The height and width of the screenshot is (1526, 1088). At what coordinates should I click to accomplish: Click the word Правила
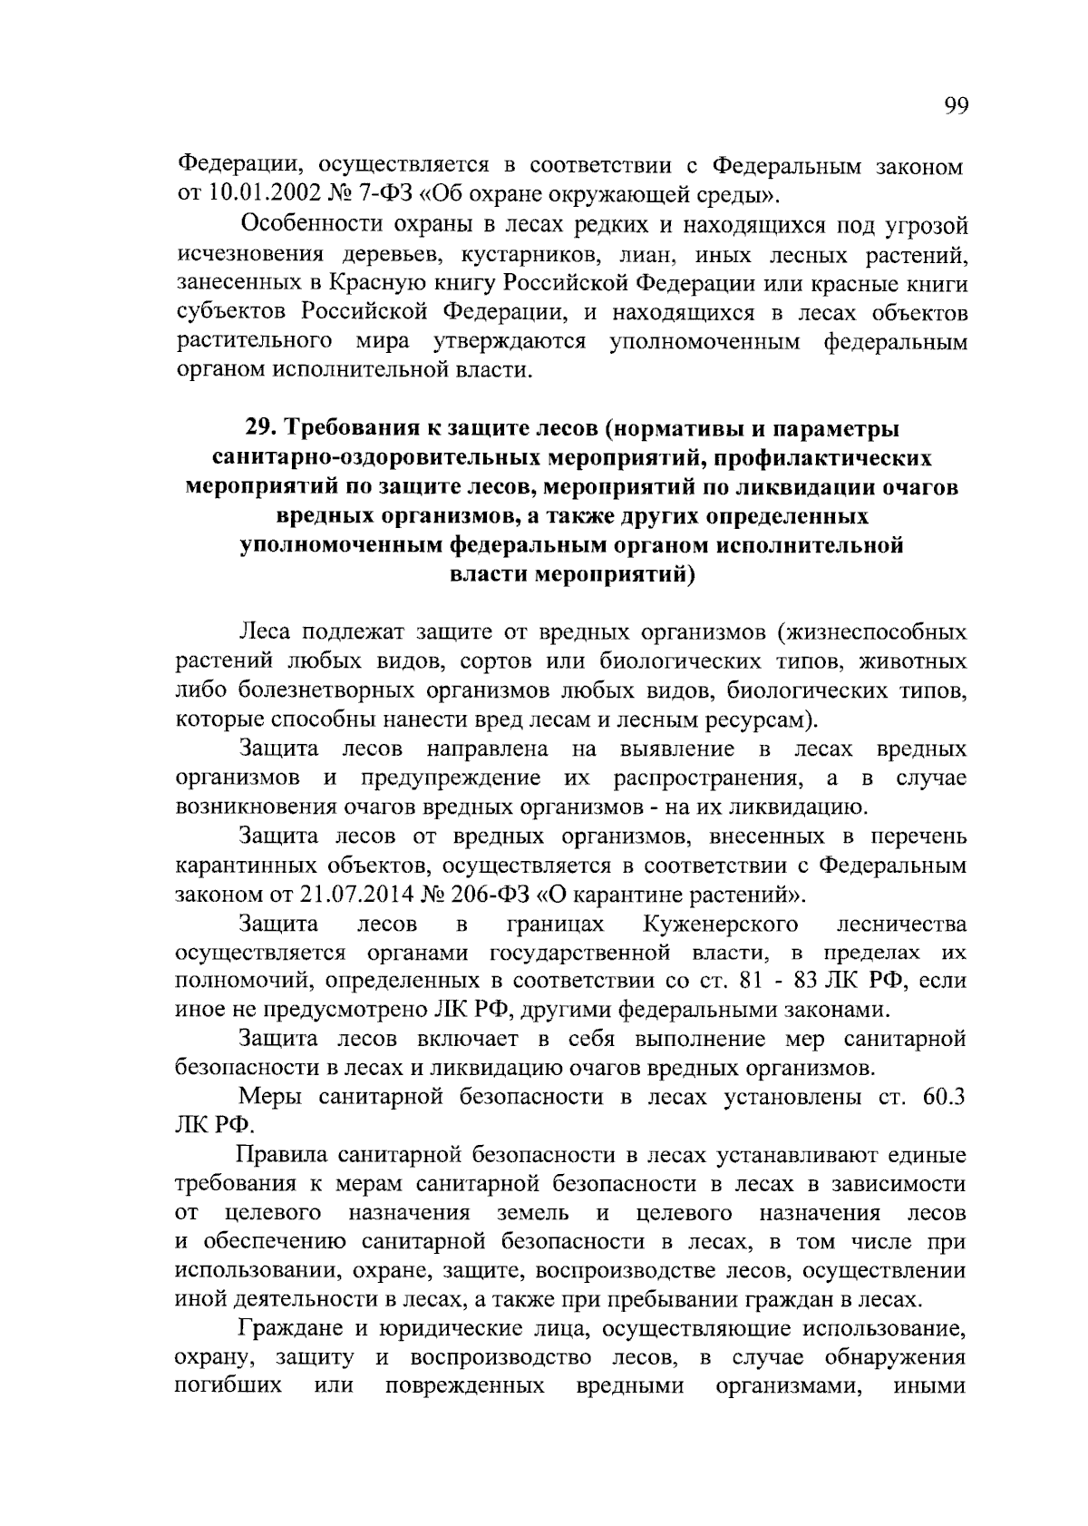(x=281, y=1156)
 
